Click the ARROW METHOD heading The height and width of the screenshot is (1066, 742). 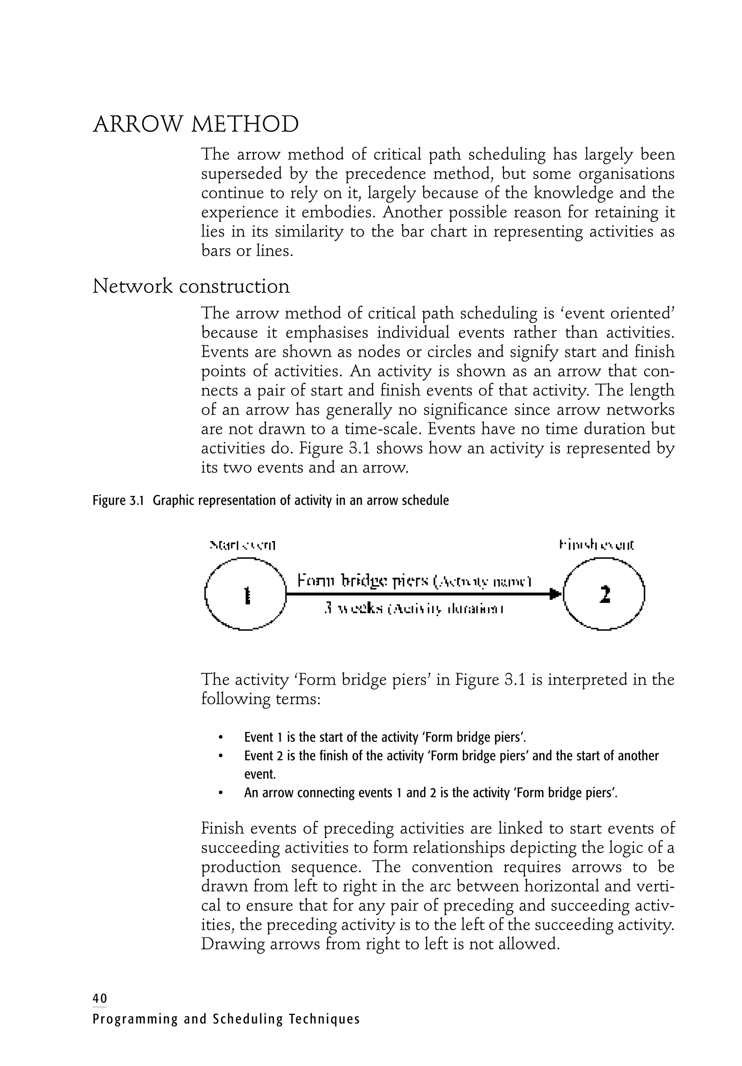[196, 125]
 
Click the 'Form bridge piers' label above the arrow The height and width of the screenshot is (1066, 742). [363, 581]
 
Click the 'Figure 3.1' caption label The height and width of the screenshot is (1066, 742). [118, 501]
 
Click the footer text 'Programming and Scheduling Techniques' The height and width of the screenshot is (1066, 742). [226, 1019]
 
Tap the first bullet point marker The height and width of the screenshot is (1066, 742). [221, 738]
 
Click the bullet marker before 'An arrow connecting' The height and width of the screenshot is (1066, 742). [221, 793]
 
